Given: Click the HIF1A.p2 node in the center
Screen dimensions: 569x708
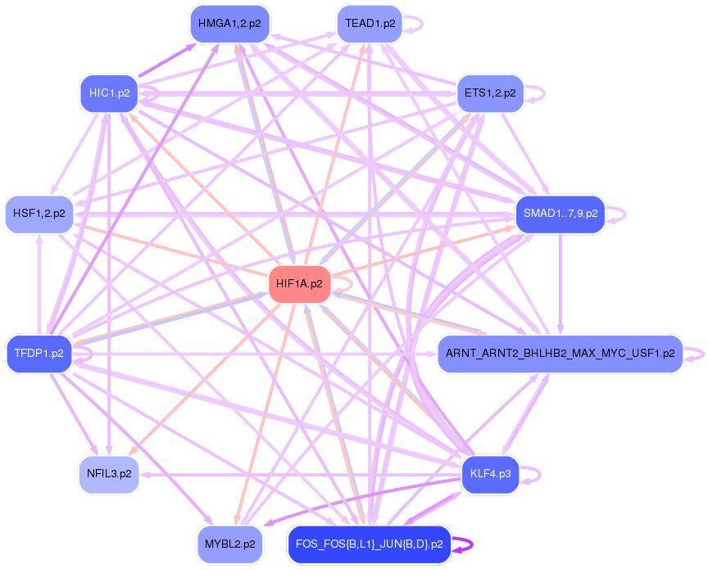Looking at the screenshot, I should point(299,284).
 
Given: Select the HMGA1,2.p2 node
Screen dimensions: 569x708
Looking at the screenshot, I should point(229,24).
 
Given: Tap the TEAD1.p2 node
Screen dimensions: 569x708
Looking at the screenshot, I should point(370,24).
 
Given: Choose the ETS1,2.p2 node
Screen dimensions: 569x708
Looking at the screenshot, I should point(490,93).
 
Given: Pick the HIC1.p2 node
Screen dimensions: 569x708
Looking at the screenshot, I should point(109,93).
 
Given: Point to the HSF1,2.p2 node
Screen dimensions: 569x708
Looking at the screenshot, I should point(39,214).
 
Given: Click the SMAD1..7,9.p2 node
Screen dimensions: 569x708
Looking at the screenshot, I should point(560,214).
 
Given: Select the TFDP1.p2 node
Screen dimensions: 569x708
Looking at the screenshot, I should point(39,354).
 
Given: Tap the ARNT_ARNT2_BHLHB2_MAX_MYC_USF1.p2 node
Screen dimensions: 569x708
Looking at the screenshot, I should point(560,354).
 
